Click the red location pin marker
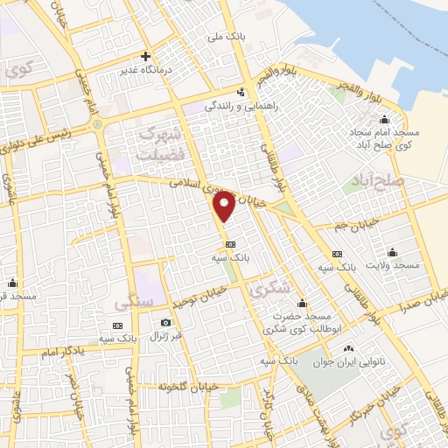point(225,206)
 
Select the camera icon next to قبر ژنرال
point(165,322)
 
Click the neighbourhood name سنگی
point(133,302)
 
